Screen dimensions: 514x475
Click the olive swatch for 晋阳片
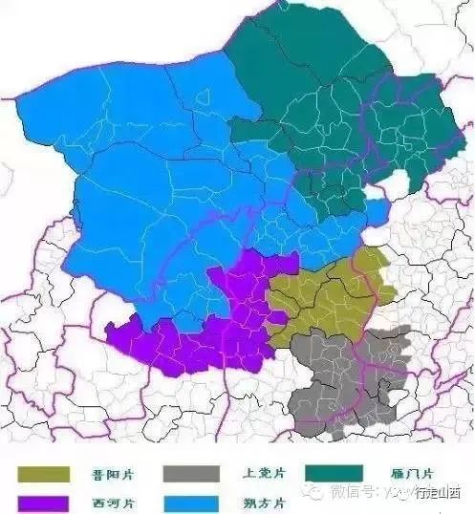(43, 474)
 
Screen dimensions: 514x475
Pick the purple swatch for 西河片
(43, 502)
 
